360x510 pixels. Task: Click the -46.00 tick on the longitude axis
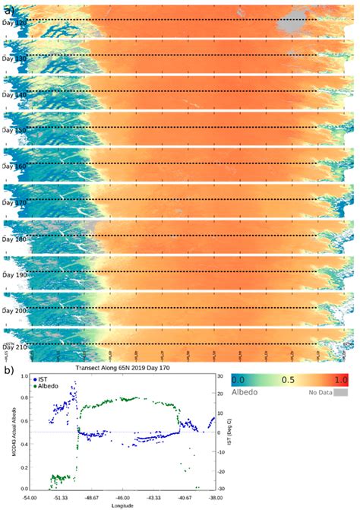tap(124, 498)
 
